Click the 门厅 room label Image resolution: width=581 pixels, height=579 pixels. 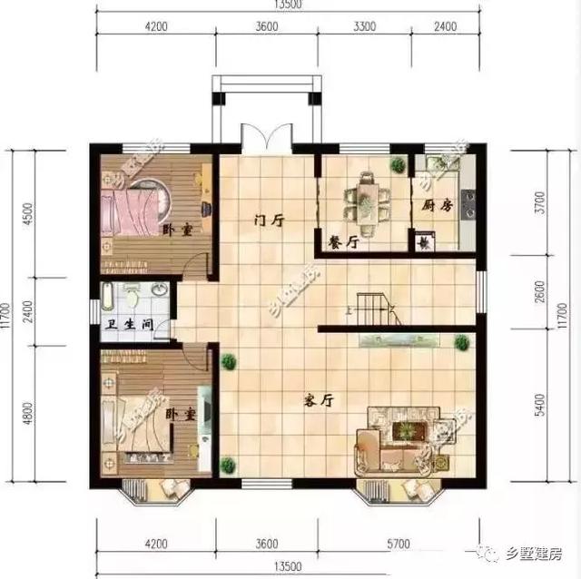pos(270,220)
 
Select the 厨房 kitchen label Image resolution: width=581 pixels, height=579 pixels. pos(437,205)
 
